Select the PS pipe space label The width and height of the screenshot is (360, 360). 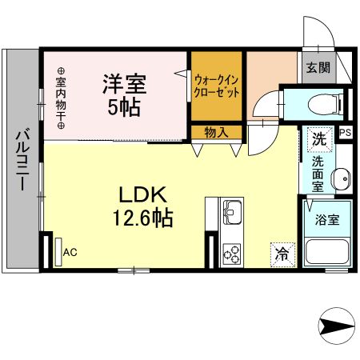tap(345, 134)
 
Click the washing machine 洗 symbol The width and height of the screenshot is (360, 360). tap(319, 138)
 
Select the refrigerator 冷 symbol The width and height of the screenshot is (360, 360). tap(282, 254)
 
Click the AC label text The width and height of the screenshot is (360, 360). tap(70, 253)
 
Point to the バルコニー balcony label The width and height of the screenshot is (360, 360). tap(21, 159)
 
